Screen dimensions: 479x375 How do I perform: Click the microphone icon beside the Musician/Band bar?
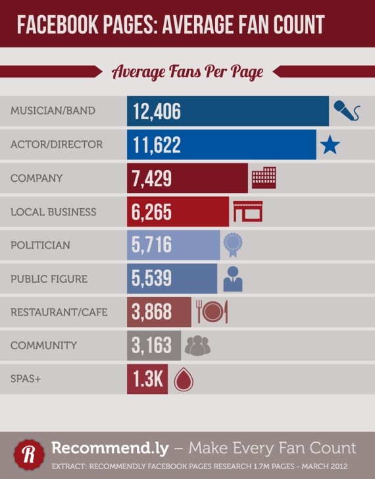(346, 111)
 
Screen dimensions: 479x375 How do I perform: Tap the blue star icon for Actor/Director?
(330, 144)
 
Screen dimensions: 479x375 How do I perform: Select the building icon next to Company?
(264, 178)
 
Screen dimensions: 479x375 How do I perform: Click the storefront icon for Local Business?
(247, 211)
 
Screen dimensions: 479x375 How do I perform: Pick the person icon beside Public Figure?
(232, 279)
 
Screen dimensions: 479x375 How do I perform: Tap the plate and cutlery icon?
(211, 312)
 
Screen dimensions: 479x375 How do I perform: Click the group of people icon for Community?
(197, 345)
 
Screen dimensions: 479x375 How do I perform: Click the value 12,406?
(157, 111)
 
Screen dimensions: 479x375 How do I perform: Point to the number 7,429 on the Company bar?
(152, 178)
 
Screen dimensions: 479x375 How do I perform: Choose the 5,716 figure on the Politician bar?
(152, 245)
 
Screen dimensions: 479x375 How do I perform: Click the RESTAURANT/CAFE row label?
(59, 312)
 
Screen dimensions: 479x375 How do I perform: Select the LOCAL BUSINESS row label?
(53, 212)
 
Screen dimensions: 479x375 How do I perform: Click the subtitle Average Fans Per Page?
(187, 72)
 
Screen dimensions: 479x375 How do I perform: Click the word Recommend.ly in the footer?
(107, 449)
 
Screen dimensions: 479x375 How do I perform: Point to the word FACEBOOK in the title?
(54, 25)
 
